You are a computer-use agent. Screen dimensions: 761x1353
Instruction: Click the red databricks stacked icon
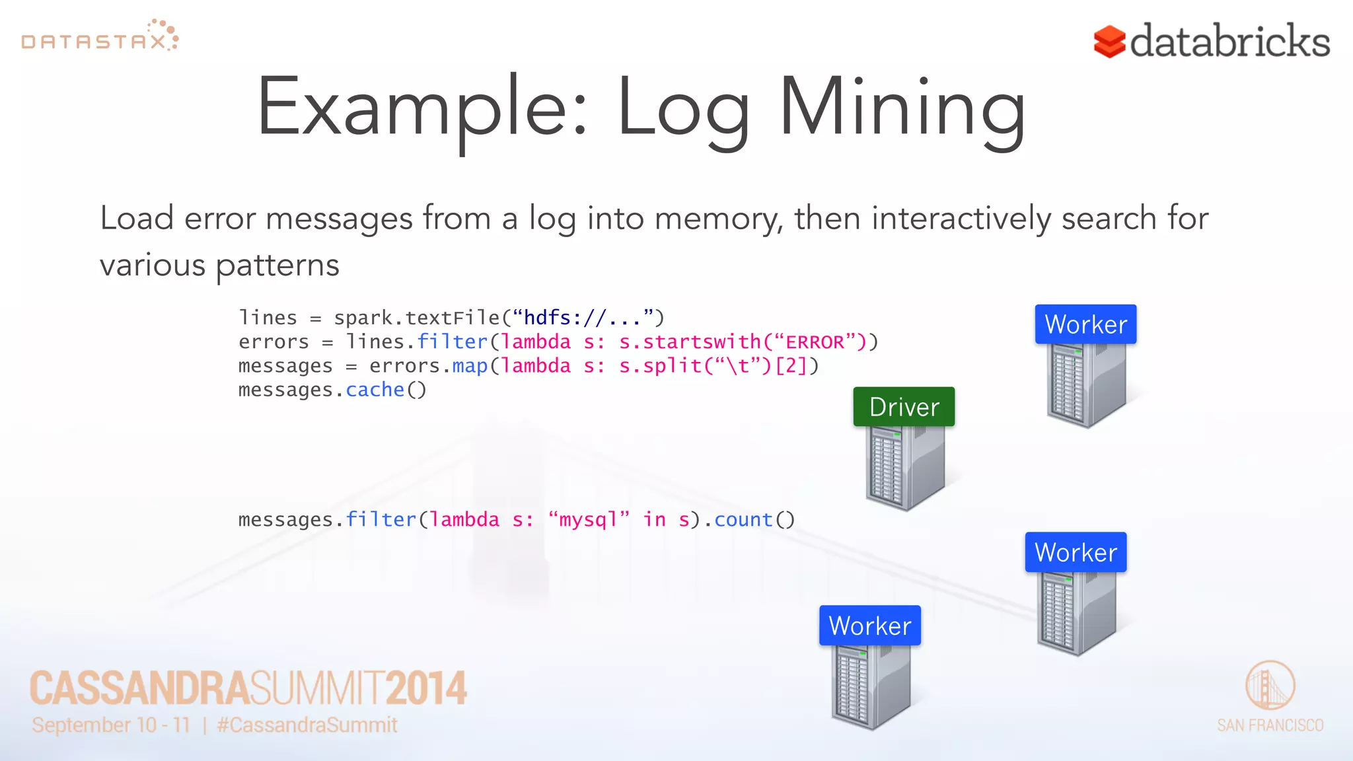point(1109,42)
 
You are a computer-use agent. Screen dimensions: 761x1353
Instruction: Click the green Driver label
point(904,407)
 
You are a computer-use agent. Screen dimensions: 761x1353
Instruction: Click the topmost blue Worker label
point(1085,324)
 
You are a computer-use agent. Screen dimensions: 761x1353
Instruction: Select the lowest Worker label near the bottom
point(869,626)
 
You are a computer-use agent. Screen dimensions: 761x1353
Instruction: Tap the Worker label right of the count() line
point(1076,552)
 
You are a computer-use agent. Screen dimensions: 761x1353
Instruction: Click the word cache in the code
point(375,390)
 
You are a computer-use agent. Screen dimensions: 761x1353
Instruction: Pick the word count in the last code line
point(743,520)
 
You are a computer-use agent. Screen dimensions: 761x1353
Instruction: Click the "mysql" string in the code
point(589,520)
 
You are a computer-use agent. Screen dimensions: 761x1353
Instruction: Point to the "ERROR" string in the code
point(815,342)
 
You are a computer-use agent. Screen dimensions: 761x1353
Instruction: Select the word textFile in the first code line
point(453,318)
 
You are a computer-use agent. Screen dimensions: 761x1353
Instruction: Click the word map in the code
point(470,366)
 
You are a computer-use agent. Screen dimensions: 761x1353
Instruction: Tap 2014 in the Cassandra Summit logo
point(426,688)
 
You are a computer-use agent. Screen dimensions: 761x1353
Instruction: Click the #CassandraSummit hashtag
point(307,725)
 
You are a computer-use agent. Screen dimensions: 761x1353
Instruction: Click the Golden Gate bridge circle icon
point(1270,685)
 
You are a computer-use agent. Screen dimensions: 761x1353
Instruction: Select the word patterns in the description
point(277,266)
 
